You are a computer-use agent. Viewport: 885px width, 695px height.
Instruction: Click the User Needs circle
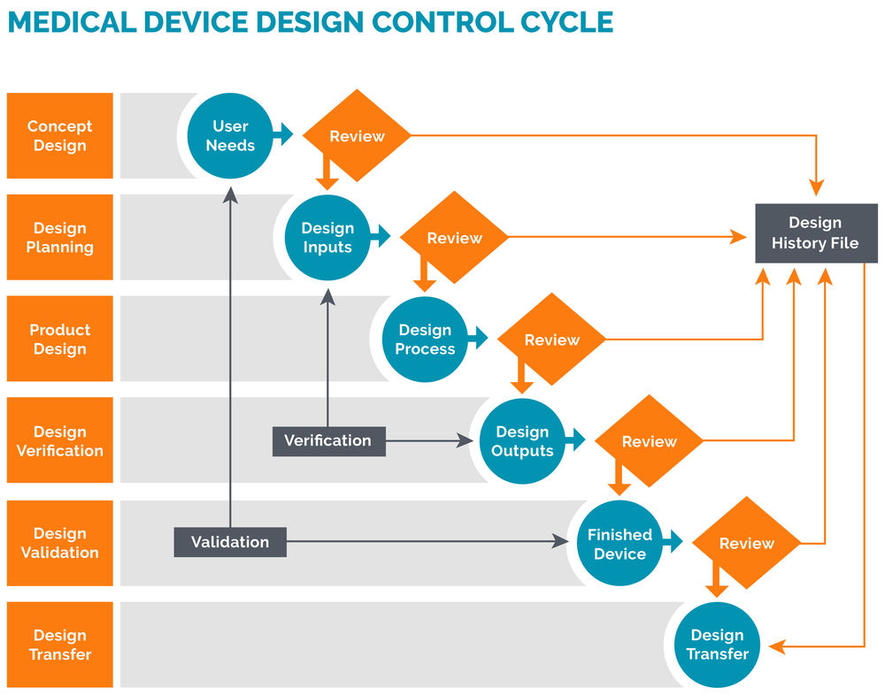point(230,136)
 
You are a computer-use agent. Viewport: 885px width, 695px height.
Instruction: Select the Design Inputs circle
point(327,238)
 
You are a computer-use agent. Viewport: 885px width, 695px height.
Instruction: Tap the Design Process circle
point(425,340)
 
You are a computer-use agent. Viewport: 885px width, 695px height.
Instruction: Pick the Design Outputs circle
point(522,441)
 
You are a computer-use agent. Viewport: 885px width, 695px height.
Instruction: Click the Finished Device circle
point(619,544)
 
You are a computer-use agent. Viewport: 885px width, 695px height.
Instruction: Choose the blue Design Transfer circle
point(717,645)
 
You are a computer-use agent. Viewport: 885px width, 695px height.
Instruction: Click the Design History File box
point(814,233)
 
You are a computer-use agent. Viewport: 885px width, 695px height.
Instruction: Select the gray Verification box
point(328,440)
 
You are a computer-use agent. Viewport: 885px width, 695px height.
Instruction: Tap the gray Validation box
point(230,542)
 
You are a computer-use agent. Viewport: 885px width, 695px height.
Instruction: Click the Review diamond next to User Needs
point(357,136)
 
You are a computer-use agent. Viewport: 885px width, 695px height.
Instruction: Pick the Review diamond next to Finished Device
point(746,544)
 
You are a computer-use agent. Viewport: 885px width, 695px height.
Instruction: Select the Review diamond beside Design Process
point(551,340)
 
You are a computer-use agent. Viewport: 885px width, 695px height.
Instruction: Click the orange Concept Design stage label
point(60,136)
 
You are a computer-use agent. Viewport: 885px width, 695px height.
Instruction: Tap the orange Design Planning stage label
point(60,238)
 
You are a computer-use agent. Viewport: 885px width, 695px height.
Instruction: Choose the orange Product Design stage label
point(60,340)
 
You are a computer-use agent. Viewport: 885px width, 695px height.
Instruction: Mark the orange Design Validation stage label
point(60,543)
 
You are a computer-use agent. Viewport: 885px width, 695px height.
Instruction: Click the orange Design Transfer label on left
point(60,645)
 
